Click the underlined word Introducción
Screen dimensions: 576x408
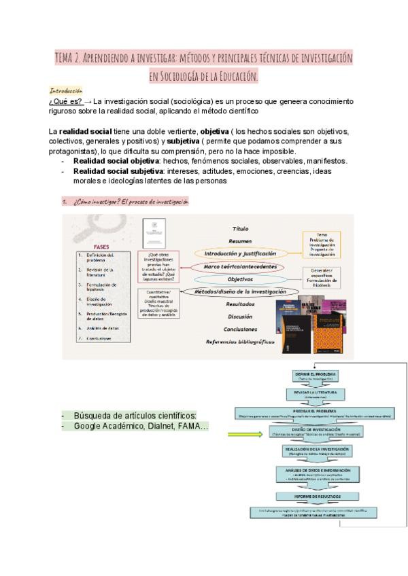[x=67, y=90]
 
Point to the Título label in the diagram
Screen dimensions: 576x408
[x=241, y=229]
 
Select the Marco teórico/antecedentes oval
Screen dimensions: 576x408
[x=241, y=267]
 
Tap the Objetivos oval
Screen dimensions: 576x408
[x=240, y=279]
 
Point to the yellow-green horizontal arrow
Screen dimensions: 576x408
[x=248, y=434]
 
